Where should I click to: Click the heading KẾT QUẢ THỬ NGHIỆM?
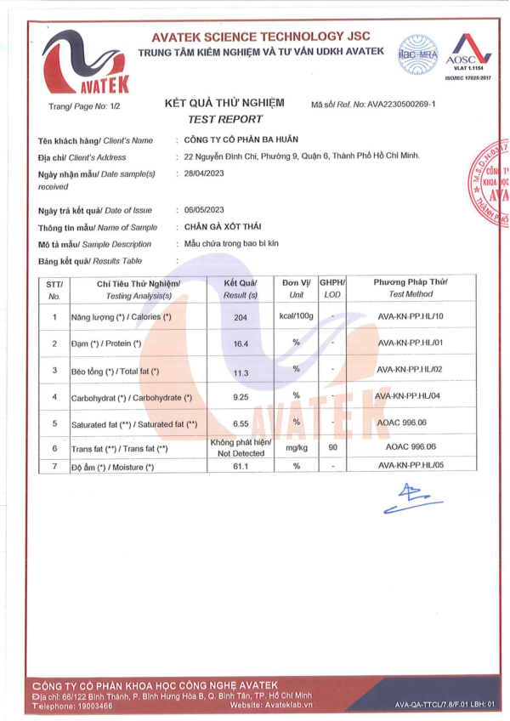tap(224, 103)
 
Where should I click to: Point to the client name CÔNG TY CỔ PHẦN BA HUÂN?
tap(241, 139)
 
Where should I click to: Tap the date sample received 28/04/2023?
tap(203, 173)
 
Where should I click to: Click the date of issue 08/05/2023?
tap(203, 210)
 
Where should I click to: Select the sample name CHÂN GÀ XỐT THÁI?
tap(222, 227)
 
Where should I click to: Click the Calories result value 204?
tap(240, 316)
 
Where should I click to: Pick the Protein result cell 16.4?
tap(240, 343)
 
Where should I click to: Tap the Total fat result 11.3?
tap(240, 371)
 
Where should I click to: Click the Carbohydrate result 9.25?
tap(240, 397)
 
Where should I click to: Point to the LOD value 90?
tap(332, 447)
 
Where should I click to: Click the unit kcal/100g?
tap(297, 316)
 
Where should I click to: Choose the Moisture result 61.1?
tap(240, 467)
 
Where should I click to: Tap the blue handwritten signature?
tap(407, 498)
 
